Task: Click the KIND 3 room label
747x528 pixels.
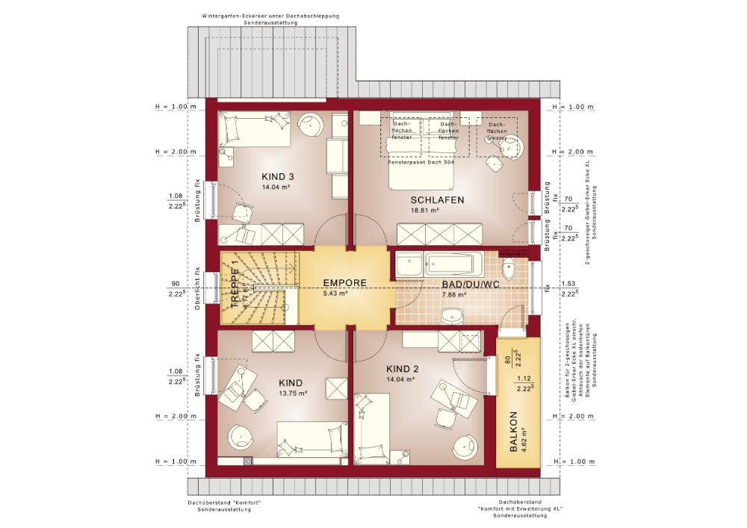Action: (277, 176)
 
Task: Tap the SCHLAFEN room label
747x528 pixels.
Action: (437, 200)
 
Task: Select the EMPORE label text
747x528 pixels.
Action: (344, 283)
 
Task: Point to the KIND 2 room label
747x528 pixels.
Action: (402, 369)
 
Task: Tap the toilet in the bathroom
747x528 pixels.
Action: (511, 267)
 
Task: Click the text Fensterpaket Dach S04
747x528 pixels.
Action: (421, 162)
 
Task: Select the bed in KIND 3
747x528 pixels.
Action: (255, 129)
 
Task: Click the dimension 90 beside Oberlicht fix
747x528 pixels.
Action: (175, 284)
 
